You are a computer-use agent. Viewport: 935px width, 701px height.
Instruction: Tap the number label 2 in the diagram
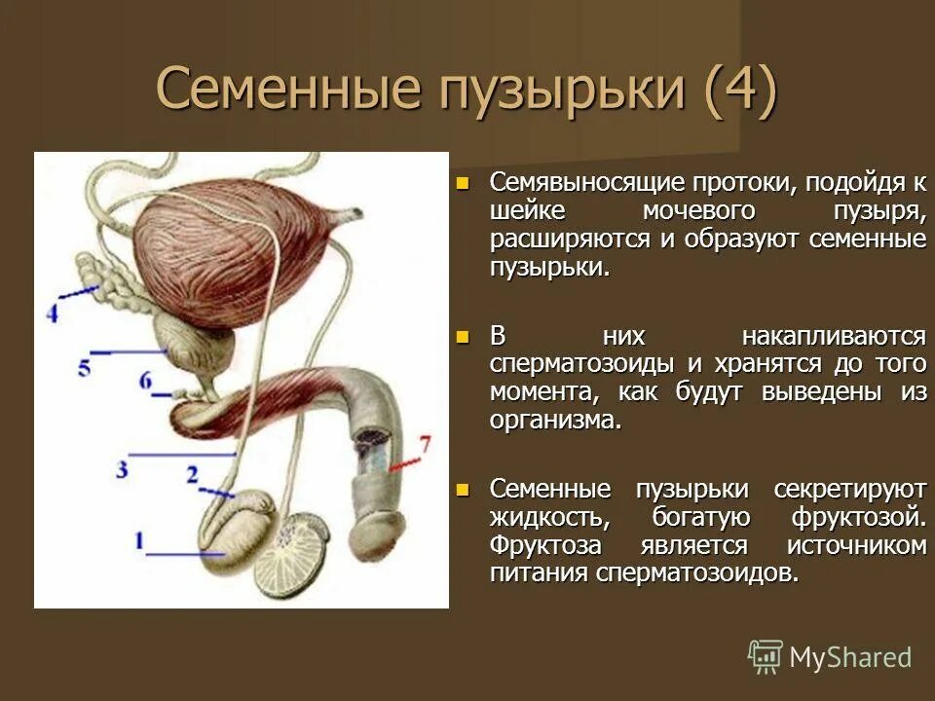click(193, 475)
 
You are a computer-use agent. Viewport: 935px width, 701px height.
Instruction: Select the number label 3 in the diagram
click(122, 470)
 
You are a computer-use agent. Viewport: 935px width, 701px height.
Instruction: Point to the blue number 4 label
click(52, 314)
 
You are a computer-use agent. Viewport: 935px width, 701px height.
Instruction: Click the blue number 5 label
click(85, 367)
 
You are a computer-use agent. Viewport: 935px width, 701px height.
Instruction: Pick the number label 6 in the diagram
click(146, 381)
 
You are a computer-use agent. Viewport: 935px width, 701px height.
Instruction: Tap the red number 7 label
click(424, 446)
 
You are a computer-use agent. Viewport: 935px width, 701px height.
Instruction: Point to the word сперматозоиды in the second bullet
click(570, 365)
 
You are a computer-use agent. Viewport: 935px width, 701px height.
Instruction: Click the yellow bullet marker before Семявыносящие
click(463, 182)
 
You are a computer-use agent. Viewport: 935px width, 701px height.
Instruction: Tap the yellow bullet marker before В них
click(463, 337)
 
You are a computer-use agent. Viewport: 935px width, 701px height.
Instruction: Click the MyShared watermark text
click(850, 657)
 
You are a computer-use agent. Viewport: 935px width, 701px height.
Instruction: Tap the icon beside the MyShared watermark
click(765, 656)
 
